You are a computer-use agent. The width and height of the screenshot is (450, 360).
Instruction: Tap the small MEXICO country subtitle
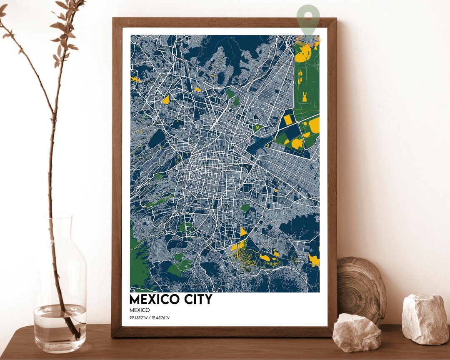click(x=140, y=310)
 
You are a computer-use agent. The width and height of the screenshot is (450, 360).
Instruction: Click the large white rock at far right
click(x=425, y=319)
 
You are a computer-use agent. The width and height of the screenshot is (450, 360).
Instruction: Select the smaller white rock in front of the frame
click(x=357, y=332)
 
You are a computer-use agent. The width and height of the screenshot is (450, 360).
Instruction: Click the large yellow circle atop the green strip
click(x=303, y=53)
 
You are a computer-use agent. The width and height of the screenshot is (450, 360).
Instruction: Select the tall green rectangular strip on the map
click(x=306, y=83)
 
